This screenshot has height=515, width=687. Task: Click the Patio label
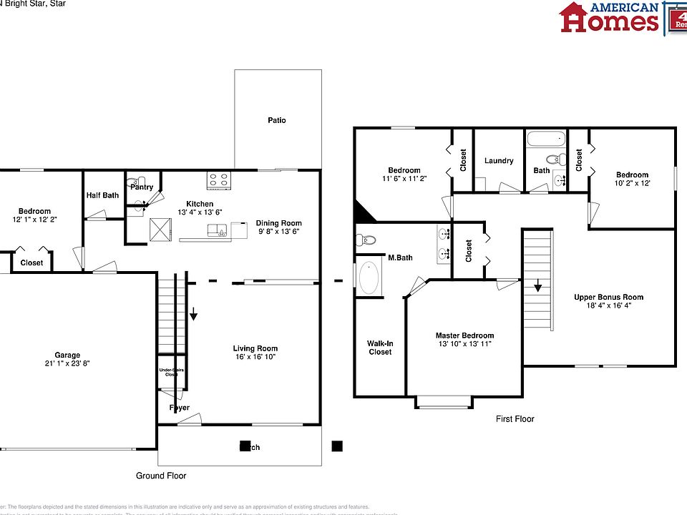[276, 120]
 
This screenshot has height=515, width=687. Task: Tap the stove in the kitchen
[218, 181]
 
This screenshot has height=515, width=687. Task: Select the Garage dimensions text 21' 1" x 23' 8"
[68, 363]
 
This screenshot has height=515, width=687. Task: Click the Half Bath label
[102, 195]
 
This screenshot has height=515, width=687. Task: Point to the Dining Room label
[279, 223]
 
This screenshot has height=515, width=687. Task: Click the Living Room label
[255, 348]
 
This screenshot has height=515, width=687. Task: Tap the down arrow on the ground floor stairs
[193, 314]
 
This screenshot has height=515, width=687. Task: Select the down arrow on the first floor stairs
[537, 287]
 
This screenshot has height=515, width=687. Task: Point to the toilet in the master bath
[366, 240]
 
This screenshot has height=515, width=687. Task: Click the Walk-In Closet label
[380, 348]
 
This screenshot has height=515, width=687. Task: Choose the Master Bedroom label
[464, 335]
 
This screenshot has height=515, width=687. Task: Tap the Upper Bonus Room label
[608, 297]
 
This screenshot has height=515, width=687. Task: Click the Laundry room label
[499, 161]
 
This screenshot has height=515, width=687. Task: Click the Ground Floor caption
[161, 476]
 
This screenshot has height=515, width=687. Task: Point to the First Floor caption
[515, 419]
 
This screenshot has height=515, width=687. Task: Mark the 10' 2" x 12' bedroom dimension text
[632, 184]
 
